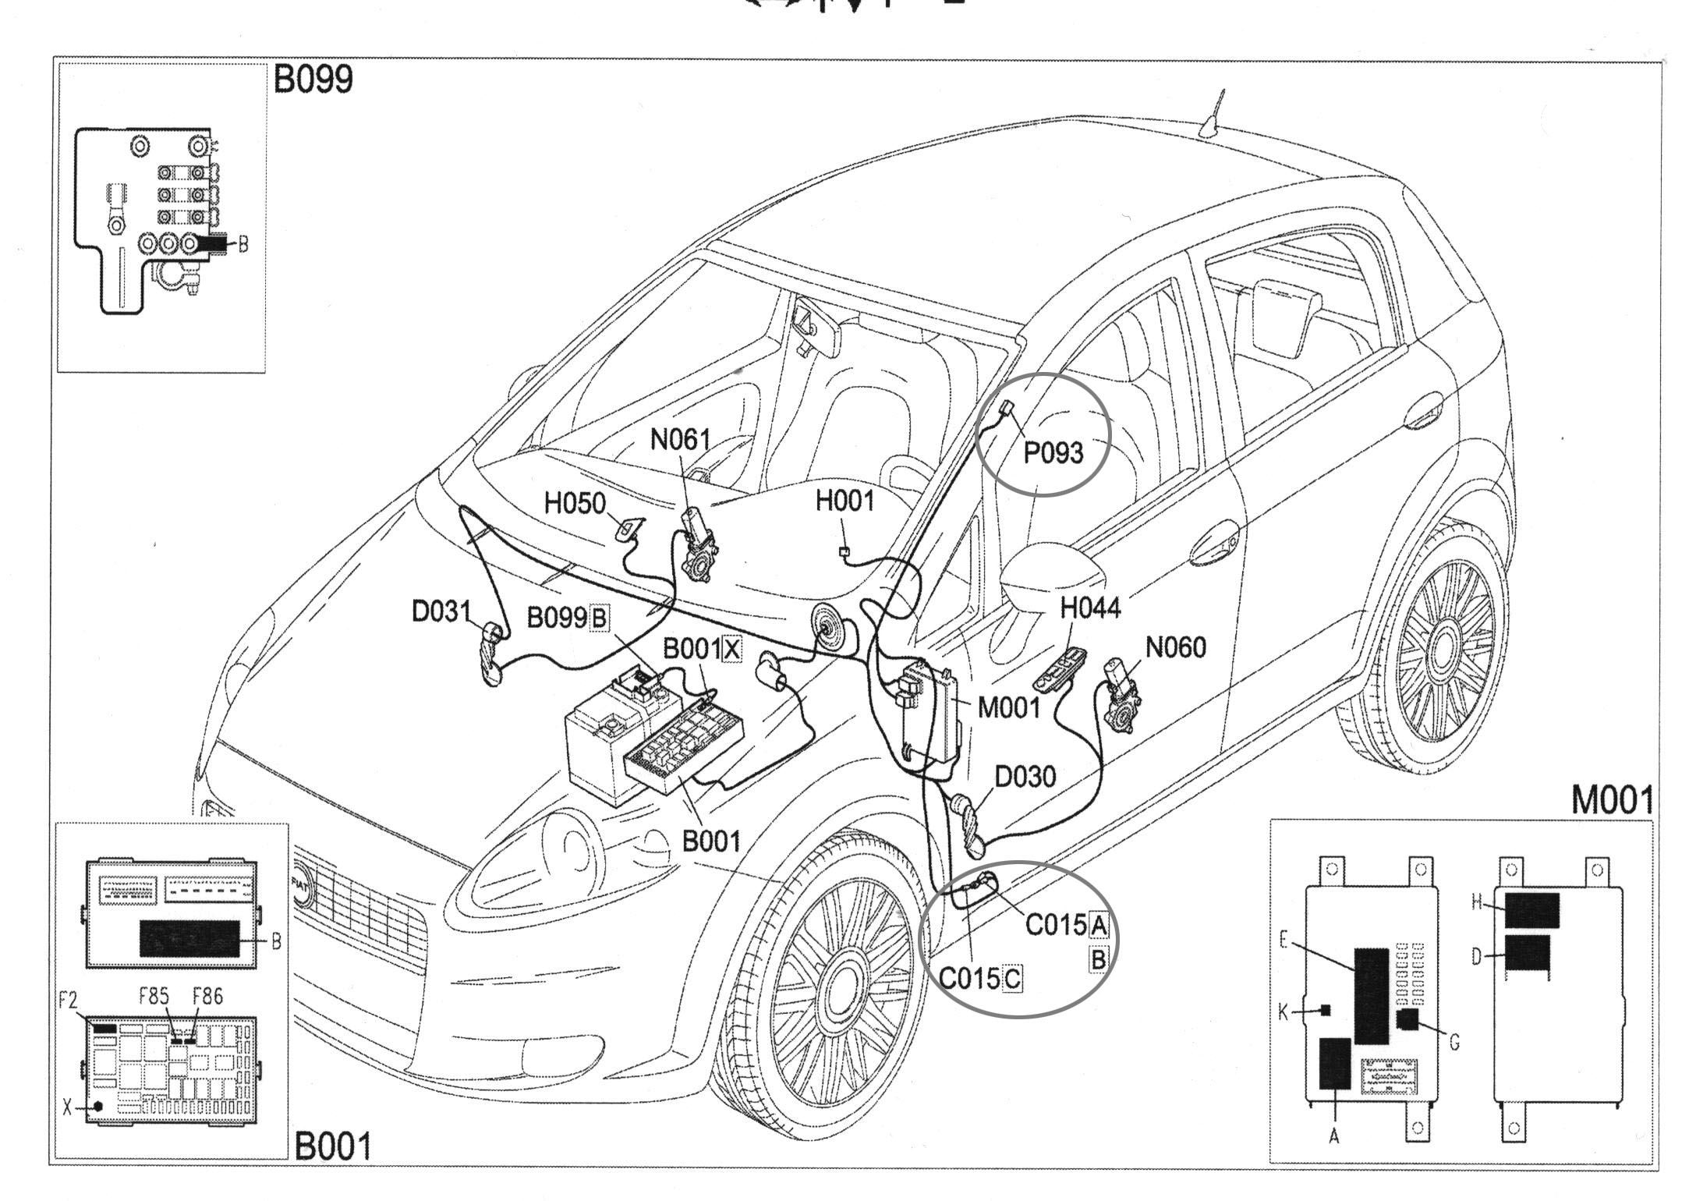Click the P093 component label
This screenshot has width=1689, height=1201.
pos(1053,453)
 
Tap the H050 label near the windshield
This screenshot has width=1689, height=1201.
pos(575,504)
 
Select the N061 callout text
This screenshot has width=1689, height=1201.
pos(680,441)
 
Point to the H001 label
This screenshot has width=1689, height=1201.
pos(845,501)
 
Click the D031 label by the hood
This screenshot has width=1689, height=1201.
pos(441,611)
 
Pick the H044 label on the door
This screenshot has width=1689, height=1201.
pos(1090,608)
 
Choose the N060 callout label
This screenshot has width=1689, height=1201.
pos(1175,647)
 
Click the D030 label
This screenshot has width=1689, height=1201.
pos(1025,777)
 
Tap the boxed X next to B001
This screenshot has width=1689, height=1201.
pos(731,649)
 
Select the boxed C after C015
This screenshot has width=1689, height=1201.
pos(1011,978)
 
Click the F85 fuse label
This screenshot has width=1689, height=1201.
pos(154,997)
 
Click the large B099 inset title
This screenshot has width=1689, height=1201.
pos(313,80)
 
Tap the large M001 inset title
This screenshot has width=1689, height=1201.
pos(1612,800)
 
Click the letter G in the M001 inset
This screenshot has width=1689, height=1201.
pos(1454,1043)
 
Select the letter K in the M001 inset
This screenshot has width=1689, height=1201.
pos(1283,1013)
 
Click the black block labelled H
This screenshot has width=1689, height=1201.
pos(1531,910)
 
